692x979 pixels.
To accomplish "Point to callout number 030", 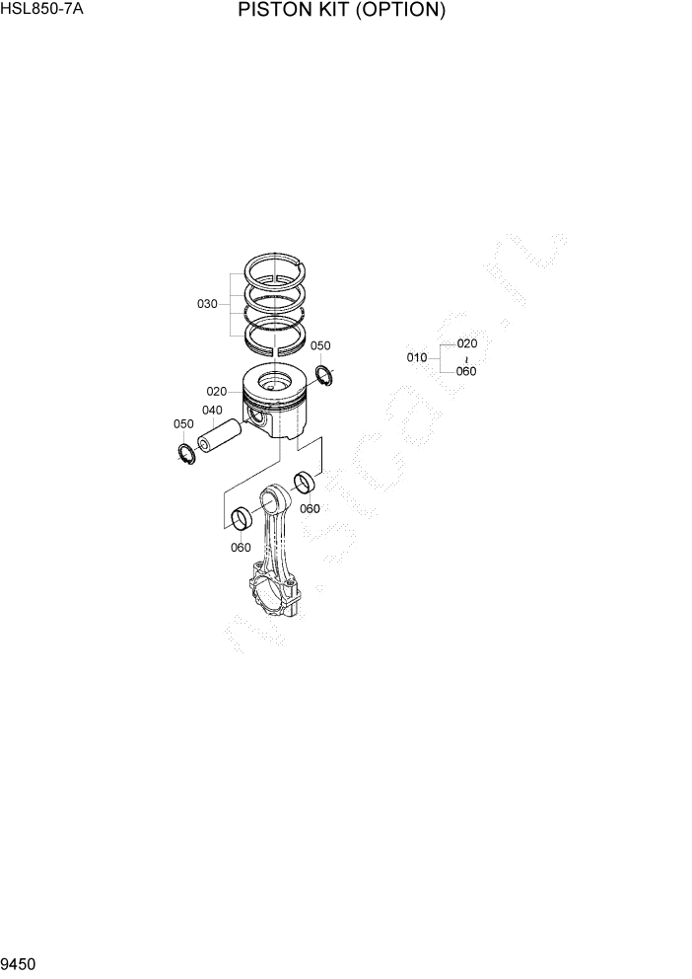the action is click(x=207, y=304).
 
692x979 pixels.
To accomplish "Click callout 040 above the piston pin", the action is click(x=212, y=411).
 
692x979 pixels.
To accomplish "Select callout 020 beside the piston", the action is click(x=217, y=392).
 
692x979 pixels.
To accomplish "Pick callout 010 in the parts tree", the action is click(x=417, y=357).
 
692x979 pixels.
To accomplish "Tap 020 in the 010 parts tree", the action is click(x=467, y=343).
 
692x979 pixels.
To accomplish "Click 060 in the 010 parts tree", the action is click(x=467, y=372).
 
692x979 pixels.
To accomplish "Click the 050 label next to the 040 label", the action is click(x=183, y=424).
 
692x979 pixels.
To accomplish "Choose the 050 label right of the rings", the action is click(x=320, y=346).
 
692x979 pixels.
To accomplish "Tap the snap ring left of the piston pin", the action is click(x=184, y=453).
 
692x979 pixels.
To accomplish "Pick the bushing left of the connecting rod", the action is click(x=241, y=519).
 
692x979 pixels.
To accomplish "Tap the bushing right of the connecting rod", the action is click(x=307, y=484).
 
